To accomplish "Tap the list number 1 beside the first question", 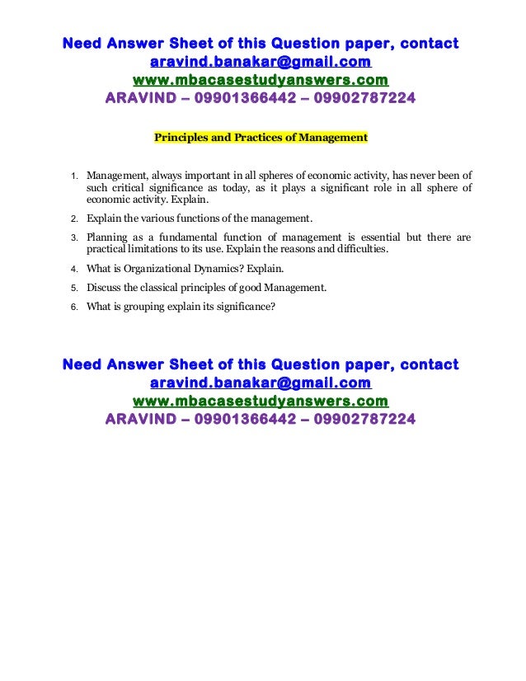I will click(73, 176).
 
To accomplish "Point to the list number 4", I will click(73, 269).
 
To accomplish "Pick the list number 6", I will click(73, 307).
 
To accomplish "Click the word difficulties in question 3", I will click(360, 250).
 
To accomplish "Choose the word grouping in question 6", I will click(145, 307).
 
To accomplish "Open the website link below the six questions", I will click(260, 401).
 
